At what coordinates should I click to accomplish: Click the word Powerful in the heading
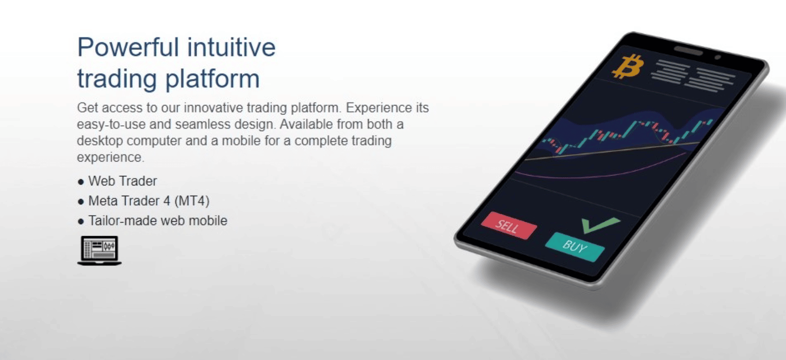click(x=128, y=47)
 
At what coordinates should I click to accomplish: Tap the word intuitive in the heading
click(x=231, y=47)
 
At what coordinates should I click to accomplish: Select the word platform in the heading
click(x=213, y=79)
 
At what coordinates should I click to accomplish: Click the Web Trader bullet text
click(x=122, y=181)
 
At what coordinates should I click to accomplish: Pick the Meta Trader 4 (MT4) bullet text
click(x=149, y=201)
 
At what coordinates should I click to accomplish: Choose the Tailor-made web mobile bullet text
click(x=158, y=220)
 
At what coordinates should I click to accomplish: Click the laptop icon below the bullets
click(x=100, y=250)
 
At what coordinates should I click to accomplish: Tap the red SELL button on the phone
click(x=509, y=225)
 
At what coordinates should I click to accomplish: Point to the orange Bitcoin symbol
click(x=628, y=66)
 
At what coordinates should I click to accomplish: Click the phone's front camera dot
click(x=717, y=57)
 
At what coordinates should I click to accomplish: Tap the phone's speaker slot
click(x=688, y=51)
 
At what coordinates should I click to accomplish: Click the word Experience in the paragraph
click(x=379, y=108)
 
